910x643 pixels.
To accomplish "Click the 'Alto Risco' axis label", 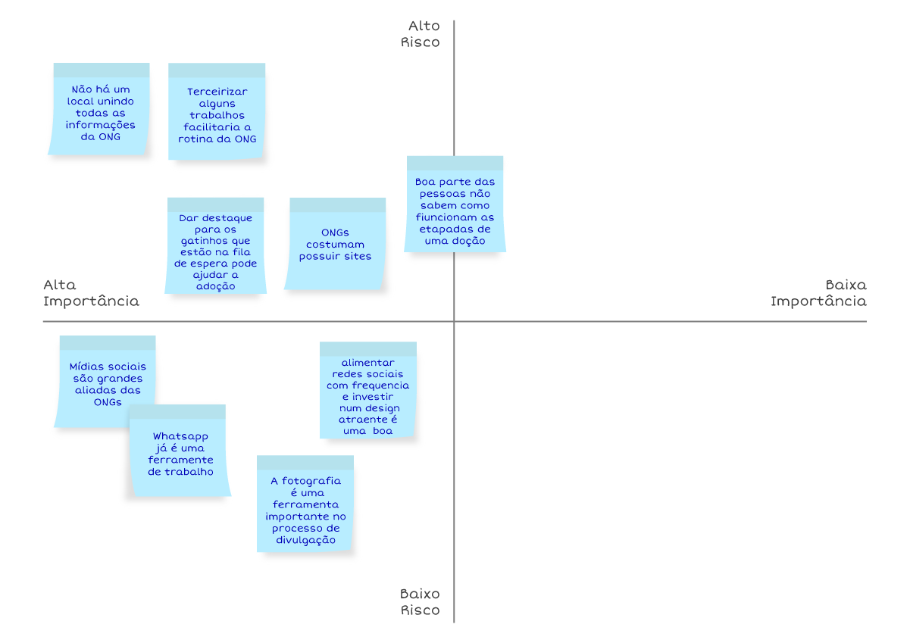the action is click(x=420, y=34).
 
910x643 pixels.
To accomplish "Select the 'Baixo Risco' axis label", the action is click(x=420, y=602).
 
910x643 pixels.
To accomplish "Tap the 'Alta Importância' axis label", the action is click(x=91, y=293).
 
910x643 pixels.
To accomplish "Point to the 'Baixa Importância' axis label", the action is click(x=818, y=293).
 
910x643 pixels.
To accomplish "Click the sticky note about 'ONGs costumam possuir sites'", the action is click(x=335, y=244).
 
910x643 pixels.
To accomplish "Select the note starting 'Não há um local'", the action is click(x=99, y=109).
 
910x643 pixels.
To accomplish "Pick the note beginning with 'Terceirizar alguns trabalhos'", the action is click(x=217, y=111).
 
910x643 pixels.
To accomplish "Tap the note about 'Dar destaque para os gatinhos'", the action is click(x=215, y=245).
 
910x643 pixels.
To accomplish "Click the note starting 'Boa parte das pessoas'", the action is click(x=455, y=204).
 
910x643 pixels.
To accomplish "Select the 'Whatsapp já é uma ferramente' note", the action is click(x=180, y=451).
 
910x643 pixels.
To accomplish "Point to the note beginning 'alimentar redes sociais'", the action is click(x=368, y=390).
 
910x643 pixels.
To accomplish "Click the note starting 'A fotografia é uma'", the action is click(x=305, y=504).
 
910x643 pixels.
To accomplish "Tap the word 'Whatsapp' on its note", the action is click(x=180, y=437).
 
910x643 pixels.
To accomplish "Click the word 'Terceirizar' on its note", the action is click(x=217, y=92).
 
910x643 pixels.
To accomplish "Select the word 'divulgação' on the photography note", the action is click(x=305, y=540).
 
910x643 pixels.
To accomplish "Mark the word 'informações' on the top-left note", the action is click(x=100, y=125).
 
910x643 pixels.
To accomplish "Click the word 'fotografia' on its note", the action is click(x=311, y=481).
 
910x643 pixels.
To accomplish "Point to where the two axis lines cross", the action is click(x=454, y=321).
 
